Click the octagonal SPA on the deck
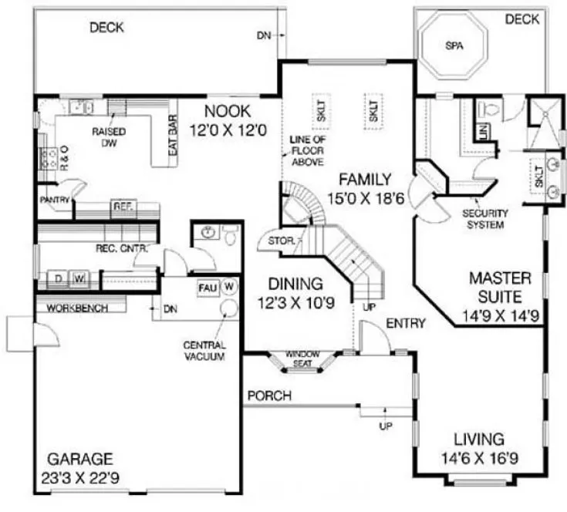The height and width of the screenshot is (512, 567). coord(452,46)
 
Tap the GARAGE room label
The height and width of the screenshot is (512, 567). coord(82,456)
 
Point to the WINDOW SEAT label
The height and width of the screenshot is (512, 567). coord(302,357)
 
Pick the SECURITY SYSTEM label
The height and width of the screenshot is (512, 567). coord(483,219)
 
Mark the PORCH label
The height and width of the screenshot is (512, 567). coord(269,396)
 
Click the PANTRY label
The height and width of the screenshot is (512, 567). coord(55,200)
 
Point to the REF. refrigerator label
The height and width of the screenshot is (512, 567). coord(123,207)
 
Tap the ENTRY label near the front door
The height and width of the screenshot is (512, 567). coord(406,322)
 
